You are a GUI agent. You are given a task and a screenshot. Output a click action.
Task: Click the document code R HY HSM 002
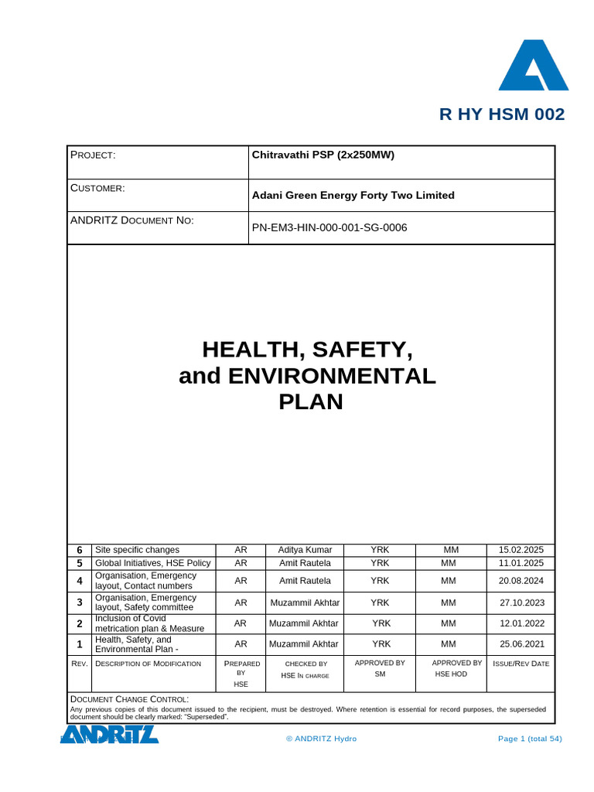coord(502,114)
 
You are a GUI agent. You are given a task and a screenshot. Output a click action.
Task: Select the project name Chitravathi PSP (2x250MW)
coord(323,155)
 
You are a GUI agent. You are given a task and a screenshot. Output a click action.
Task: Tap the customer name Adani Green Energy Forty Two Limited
coord(353,196)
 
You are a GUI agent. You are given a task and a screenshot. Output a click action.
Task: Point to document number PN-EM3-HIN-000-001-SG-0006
coord(329,227)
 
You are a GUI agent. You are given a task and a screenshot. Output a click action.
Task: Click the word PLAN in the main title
coord(310,402)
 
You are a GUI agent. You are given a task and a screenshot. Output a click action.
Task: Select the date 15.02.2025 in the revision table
coord(521,550)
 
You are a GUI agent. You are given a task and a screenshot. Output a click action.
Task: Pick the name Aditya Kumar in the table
coord(305,550)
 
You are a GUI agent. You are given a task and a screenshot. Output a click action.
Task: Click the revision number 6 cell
coord(79,550)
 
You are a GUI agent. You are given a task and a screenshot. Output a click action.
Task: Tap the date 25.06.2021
coord(521,643)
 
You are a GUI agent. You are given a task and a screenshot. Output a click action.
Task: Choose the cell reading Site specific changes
coord(137,550)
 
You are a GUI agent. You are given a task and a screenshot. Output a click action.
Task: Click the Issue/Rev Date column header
coord(521,664)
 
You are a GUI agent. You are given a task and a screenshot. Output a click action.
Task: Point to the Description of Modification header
coord(148,664)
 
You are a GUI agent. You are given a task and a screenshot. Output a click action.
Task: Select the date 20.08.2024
coord(521,580)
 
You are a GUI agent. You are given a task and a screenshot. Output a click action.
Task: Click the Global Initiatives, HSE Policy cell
coord(152,563)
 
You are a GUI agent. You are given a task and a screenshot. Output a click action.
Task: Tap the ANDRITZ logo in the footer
coord(110,735)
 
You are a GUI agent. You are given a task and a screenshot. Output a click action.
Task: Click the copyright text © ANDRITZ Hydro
coord(321,739)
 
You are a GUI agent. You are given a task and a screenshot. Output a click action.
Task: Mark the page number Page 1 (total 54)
coord(530,739)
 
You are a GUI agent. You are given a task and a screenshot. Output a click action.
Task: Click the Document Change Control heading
coord(129,699)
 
